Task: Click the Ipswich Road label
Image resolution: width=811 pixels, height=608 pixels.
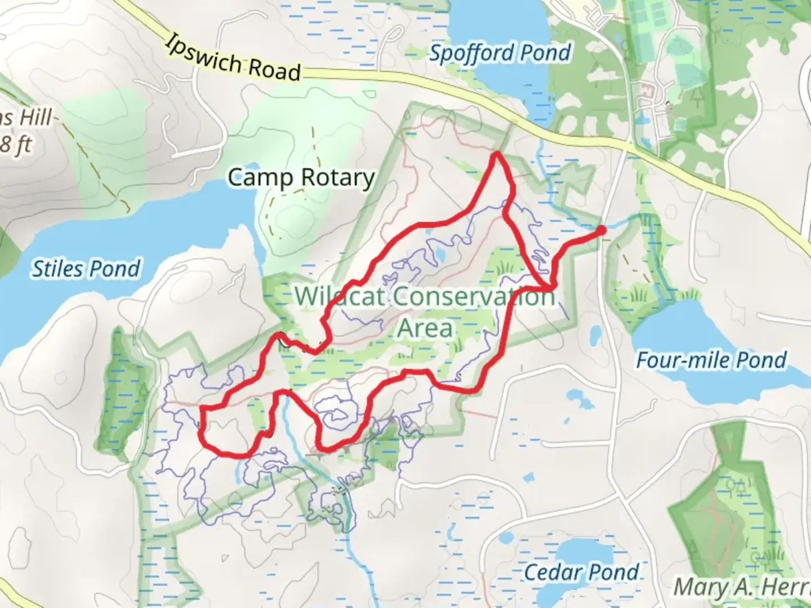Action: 234,59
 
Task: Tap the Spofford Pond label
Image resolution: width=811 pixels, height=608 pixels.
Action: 500,53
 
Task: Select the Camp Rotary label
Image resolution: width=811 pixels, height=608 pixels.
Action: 301,177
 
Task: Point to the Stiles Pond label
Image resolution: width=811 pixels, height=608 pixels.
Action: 86,269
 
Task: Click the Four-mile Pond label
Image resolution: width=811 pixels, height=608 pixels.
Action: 711,360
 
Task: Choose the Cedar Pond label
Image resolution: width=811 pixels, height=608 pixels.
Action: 581,573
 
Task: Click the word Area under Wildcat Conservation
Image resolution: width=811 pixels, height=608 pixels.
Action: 425,328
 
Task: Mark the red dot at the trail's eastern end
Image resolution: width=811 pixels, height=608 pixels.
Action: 601,230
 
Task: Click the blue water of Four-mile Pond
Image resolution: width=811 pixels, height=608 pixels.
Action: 704,332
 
